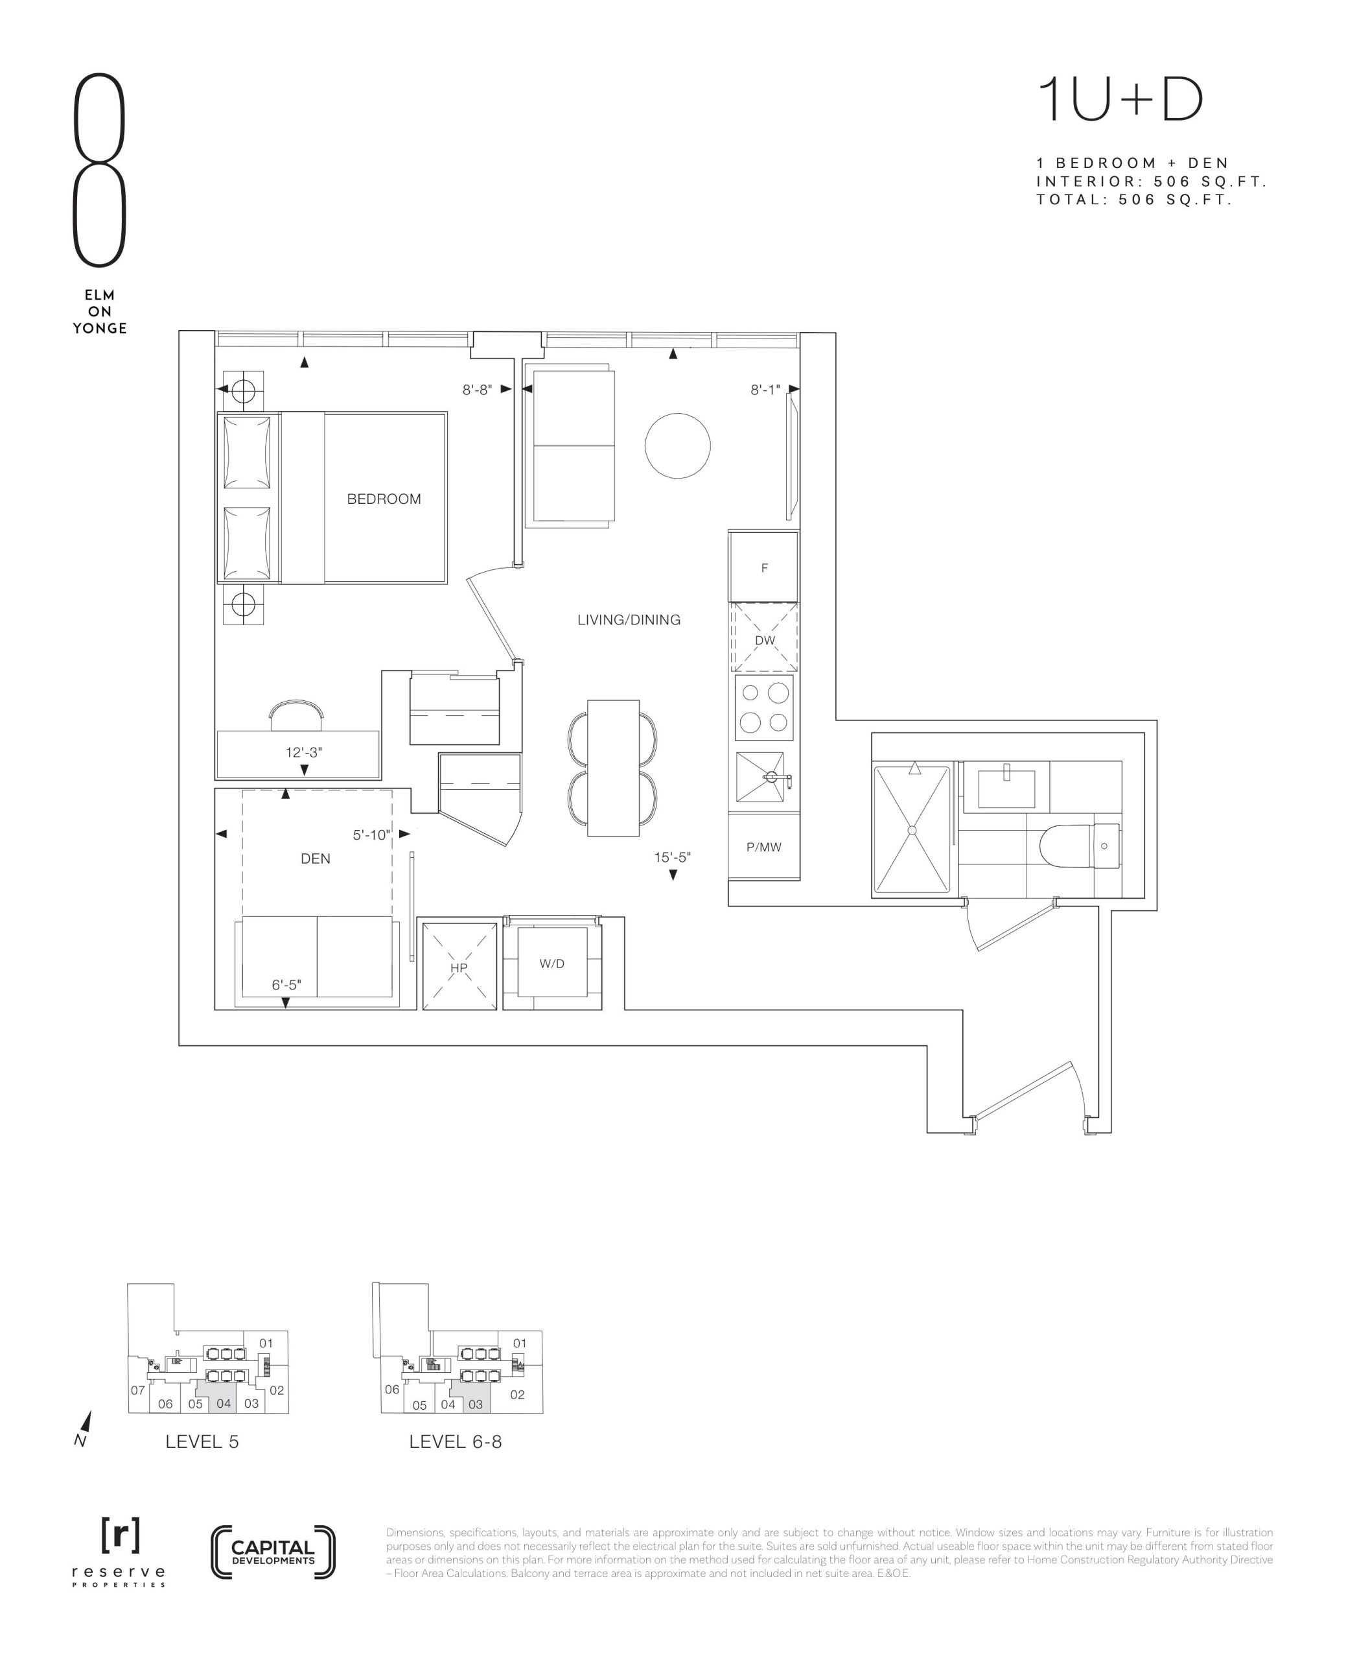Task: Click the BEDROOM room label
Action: point(384,499)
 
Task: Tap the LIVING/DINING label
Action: point(629,620)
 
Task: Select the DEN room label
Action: point(316,859)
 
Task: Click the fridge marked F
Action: point(763,567)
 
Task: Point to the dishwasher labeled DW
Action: point(765,637)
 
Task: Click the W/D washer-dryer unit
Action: point(552,963)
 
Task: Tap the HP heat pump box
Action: point(458,967)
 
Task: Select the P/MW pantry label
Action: point(763,847)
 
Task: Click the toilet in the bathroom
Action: point(1081,846)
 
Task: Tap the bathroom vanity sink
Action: point(1006,787)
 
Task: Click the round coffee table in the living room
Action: point(678,445)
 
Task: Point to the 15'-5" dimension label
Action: point(672,857)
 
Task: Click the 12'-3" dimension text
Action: point(304,752)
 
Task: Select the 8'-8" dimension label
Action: point(477,390)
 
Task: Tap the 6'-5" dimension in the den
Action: point(286,985)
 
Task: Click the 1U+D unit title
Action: point(1120,99)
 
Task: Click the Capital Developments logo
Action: point(273,1552)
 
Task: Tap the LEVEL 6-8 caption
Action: point(455,1442)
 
